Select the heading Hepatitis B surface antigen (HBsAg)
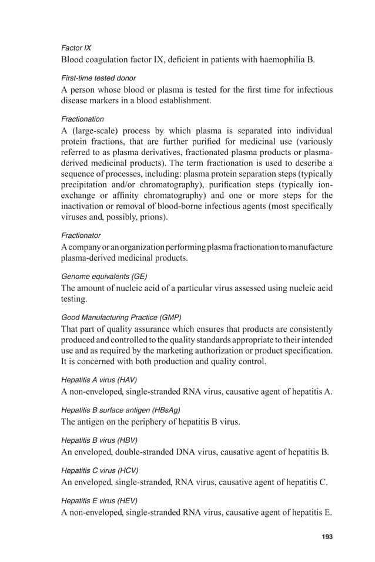(120, 409)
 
